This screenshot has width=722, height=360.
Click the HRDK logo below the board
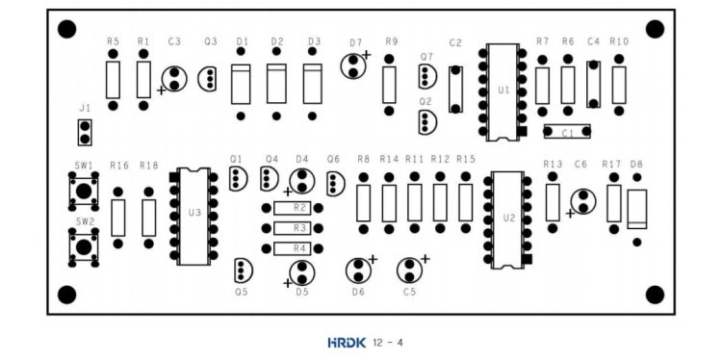pos(347,343)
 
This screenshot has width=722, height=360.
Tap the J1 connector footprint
pos(85,133)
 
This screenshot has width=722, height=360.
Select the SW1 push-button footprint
pos(84,191)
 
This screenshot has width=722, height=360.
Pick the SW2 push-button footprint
pos(84,247)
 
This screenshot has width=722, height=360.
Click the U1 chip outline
pos(503,92)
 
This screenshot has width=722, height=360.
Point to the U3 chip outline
pos(193,216)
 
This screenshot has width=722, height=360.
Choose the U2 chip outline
pos(507,220)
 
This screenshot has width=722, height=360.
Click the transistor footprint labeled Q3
pos(207,79)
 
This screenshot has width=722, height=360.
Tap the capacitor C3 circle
pos(174,79)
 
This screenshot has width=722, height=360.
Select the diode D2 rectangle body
pos(276,84)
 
